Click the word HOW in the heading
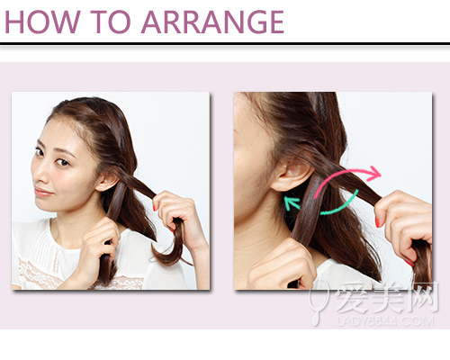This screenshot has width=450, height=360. (x=42, y=22)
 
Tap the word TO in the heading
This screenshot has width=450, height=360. (x=111, y=22)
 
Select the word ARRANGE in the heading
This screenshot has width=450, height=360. (x=212, y=22)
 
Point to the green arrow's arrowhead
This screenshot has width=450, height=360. (x=291, y=203)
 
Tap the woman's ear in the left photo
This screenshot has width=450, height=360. (x=106, y=181)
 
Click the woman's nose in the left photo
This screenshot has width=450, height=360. (x=39, y=175)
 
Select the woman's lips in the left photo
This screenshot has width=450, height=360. (x=42, y=193)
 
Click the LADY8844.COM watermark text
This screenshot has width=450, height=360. (x=384, y=321)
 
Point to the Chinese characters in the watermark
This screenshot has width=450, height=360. (x=387, y=297)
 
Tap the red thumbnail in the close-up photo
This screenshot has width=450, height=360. (x=377, y=222)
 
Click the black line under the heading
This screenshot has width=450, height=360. (x=225, y=44)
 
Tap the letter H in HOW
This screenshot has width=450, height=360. (x=14, y=22)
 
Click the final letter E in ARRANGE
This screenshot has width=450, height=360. (x=277, y=22)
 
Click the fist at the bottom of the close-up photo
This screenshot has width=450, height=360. (x=281, y=265)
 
